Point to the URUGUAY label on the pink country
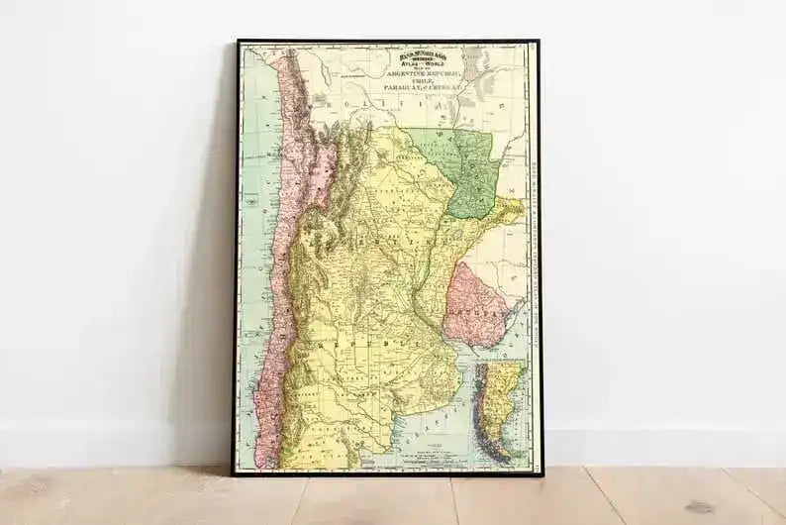472,308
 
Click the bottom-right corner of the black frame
540,473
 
